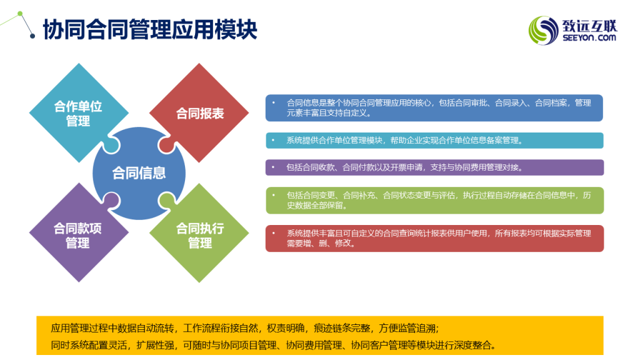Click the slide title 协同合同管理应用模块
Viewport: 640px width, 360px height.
pos(150,29)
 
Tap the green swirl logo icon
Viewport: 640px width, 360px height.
pos(543,30)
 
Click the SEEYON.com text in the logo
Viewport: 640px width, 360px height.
pos(589,38)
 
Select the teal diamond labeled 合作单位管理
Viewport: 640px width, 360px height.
pos(79,113)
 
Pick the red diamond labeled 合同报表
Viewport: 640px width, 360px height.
pos(199,113)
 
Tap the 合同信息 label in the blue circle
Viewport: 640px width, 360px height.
pos(139,173)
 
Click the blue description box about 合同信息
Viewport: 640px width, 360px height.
pos(434,107)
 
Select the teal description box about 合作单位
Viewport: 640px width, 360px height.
pos(434,141)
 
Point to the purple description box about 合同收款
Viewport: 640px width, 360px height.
pos(434,167)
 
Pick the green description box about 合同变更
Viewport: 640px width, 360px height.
pos(435,201)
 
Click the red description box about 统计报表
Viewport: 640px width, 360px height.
pos(435,238)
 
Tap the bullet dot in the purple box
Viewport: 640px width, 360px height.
pos(273,167)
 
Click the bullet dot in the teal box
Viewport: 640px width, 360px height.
pos(273,140)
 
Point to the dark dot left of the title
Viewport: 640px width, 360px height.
pos(32,36)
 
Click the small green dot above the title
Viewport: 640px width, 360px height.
pos(20,14)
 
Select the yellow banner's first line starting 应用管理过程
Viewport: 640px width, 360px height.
pos(245,328)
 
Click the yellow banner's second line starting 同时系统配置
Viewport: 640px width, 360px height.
pos(274,345)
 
